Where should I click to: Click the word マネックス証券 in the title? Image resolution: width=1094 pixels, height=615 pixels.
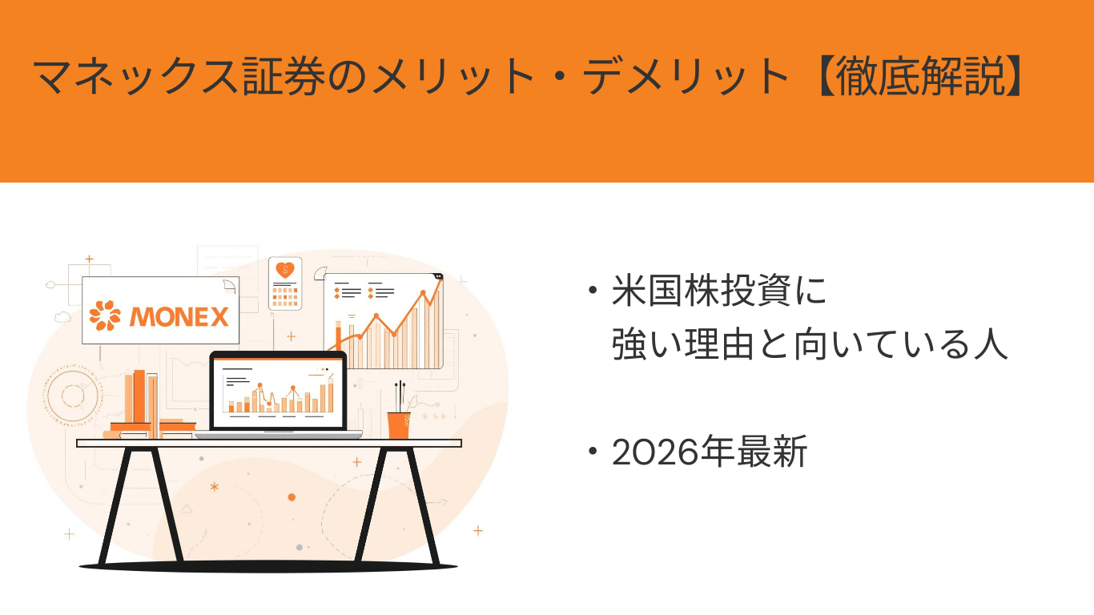click(179, 76)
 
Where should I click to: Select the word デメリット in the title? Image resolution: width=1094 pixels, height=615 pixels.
click(686, 76)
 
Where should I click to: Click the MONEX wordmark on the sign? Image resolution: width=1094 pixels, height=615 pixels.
click(179, 316)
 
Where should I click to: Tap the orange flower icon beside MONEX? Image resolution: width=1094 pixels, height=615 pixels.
click(105, 315)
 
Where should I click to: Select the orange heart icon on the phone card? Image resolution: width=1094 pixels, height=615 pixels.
click(285, 269)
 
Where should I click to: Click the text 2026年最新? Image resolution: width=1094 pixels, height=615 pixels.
click(709, 452)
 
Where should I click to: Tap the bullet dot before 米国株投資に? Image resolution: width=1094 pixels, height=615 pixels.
click(593, 290)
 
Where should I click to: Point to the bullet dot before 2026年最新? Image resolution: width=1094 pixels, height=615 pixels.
click(593, 451)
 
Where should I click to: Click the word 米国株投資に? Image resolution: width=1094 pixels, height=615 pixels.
click(718, 291)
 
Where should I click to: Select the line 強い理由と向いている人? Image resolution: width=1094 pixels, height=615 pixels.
click(810, 344)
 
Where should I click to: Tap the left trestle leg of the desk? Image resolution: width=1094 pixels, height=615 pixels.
click(141, 505)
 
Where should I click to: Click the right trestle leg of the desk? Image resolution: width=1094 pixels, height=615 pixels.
click(397, 505)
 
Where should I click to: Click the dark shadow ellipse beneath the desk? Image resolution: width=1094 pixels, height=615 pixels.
click(268, 567)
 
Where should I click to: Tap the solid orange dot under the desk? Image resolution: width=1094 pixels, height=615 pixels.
click(292, 497)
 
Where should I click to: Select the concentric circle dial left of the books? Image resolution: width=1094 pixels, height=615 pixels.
click(73, 396)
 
